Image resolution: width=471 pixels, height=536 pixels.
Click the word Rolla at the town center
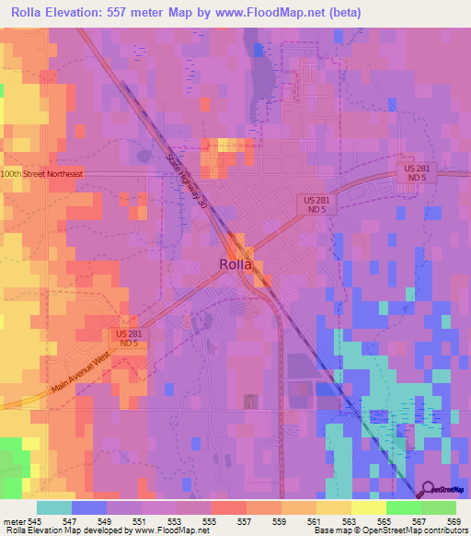pos(236,263)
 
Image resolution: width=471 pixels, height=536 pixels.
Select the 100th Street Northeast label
pos(41,173)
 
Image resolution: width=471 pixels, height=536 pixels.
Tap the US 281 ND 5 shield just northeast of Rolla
pos(316,204)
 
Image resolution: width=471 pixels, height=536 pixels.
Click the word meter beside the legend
pos(14,520)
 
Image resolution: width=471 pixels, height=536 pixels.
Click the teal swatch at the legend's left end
pos(53,507)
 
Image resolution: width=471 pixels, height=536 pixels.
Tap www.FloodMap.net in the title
pos(276,13)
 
